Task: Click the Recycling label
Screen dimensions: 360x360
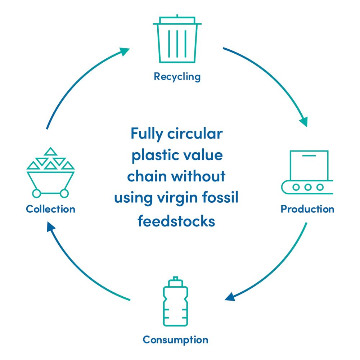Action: click(x=177, y=76)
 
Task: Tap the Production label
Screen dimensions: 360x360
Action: click(x=307, y=209)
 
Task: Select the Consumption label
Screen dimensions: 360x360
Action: click(x=175, y=339)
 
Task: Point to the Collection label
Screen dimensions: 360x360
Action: click(x=50, y=209)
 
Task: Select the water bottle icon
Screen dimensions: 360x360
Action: click(x=175, y=302)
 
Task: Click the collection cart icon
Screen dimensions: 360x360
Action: click(x=50, y=173)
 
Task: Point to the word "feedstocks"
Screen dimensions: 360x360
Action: click(x=176, y=221)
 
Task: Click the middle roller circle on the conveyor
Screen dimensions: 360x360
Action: click(x=307, y=187)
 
